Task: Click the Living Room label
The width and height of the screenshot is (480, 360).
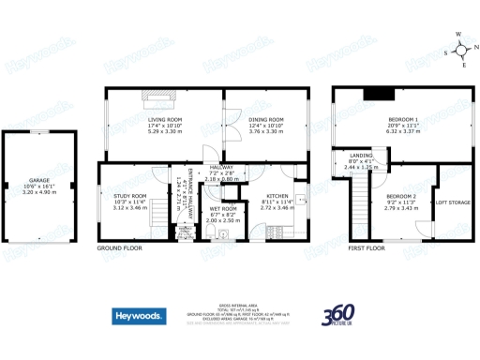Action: pyautogui.click(x=163, y=120)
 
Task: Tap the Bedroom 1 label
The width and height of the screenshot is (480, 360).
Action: pyautogui.click(x=403, y=120)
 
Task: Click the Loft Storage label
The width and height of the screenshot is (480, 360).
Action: pyautogui.click(x=454, y=202)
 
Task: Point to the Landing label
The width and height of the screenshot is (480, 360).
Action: pyautogui.click(x=361, y=156)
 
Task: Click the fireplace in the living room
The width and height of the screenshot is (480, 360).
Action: pyautogui.click(x=157, y=94)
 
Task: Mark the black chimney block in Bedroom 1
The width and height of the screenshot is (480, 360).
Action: pyautogui.click(x=379, y=92)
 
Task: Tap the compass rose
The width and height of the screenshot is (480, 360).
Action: pyautogui.click(x=459, y=48)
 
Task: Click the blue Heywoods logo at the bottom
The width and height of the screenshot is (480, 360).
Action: pyautogui.click(x=141, y=316)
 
